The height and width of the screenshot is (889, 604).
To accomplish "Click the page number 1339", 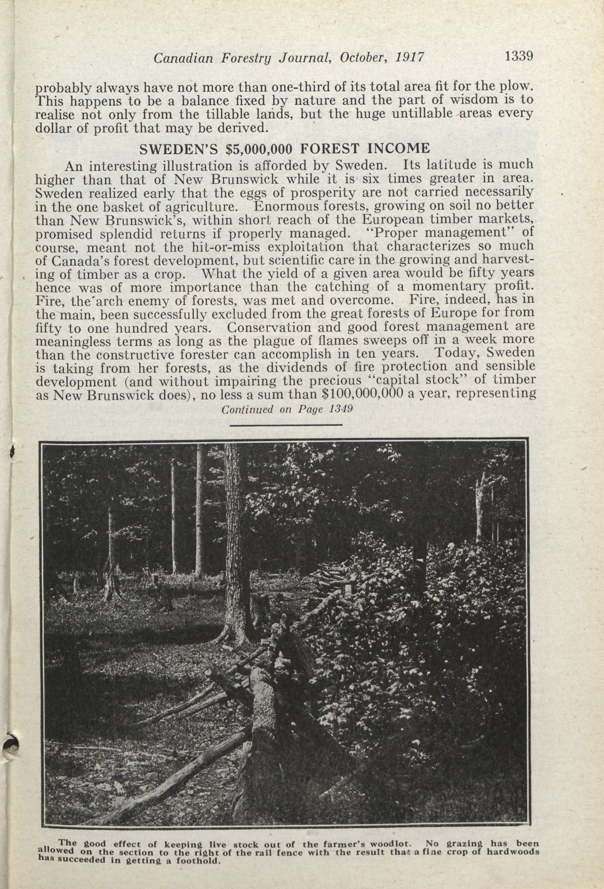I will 519,56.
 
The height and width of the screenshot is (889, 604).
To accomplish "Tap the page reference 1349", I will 340,409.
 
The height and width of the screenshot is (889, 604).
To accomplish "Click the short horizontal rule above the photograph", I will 286,424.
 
